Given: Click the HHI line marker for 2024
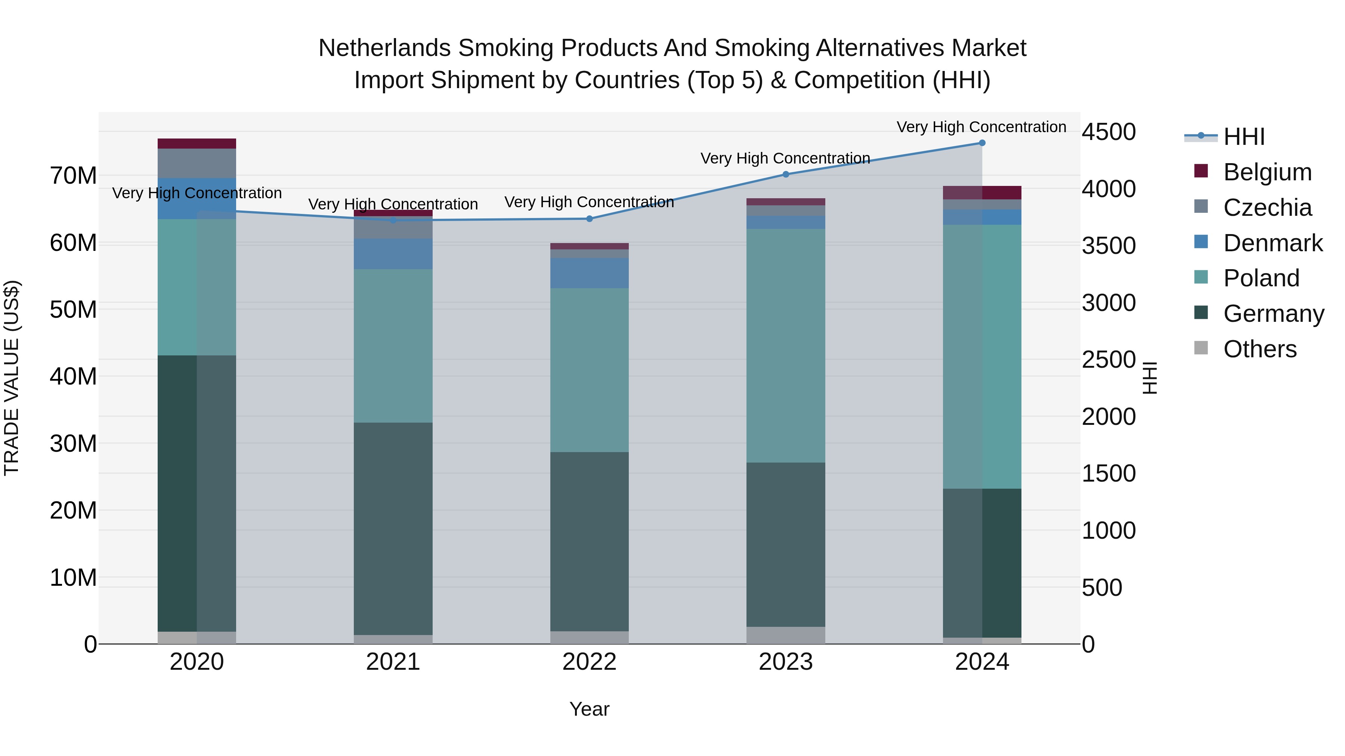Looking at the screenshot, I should click(x=981, y=143).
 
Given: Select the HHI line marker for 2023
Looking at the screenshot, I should click(x=786, y=174).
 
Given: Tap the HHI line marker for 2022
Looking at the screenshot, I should click(x=590, y=219).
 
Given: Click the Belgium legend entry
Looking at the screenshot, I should click(x=1267, y=172).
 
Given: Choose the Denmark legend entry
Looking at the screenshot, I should click(x=1273, y=243).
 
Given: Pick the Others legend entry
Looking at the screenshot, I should click(x=1259, y=349).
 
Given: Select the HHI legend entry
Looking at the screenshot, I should click(x=1244, y=137).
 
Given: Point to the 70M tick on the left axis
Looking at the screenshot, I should click(x=73, y=176).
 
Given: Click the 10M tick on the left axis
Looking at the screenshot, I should click(x=73, y=578).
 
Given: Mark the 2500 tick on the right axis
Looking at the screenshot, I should click(x=1109, y=360).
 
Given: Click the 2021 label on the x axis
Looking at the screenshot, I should click(x=393, y=662).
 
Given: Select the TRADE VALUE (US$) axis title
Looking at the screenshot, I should click(x=12, y=378).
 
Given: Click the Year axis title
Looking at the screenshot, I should click(x=590, y=709).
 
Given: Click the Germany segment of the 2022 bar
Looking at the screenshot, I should click(x=590, y=542).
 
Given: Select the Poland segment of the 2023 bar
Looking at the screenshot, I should click(x=786, y=345).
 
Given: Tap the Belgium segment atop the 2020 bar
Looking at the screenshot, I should click(x=197, y=143).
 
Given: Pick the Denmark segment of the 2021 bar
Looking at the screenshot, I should click(x=393, y=254).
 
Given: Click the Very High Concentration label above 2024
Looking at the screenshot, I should click(x=981, y=127).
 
